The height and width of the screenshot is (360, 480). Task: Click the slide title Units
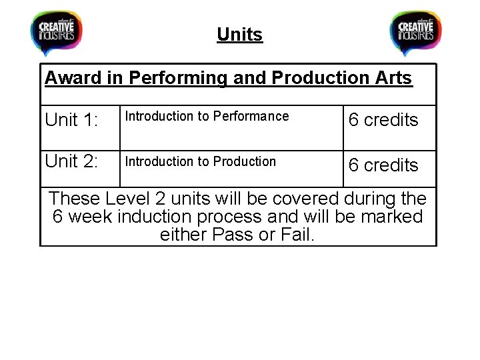(x=240, y=34)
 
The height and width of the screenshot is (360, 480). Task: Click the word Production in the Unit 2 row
(x=244, y=161)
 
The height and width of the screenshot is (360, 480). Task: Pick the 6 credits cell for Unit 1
(x=383, y=120)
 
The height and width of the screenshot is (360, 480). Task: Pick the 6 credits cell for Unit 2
(x=383, y=165)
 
